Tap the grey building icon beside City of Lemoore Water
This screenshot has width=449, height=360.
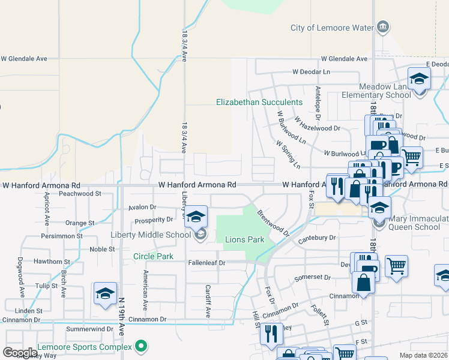(x=382, y=27)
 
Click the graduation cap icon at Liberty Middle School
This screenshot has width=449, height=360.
(x=196, y=217)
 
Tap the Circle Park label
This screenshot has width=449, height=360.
(x=153, y=257)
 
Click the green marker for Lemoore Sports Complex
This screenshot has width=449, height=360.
(x=141, y=346)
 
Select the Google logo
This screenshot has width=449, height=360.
(x=20, y=353)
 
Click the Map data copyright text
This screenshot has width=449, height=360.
(x=423, y=355)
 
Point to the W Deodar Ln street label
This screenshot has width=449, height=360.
(x=312, y=71)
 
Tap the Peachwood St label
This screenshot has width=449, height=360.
(x=80, y=194)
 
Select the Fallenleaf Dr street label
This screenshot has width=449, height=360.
(x=205, y=263)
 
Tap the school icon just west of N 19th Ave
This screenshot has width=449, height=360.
(x=105, y=294)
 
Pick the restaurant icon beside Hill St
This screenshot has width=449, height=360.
(x=271, y=333)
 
